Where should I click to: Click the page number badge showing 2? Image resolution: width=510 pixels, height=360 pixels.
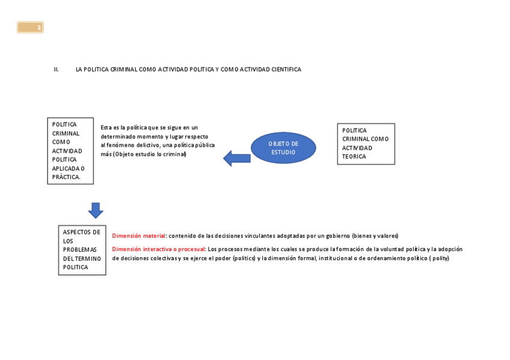pyautogui.click(x=30, y=28)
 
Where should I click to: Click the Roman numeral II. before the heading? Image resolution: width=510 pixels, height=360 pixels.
pyautogui.click(x=57, y=70)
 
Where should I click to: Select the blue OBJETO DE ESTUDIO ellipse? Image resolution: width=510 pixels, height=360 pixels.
pyautogui.click(x=283, y=148)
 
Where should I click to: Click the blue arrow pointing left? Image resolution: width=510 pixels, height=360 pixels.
pyautogui.click(x=236, y=159)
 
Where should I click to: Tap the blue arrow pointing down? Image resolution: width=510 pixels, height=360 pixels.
pyautogui.click(x=96, y=210)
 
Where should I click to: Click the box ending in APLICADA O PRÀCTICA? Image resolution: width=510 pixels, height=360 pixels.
pyautogui.click(x=70, y=151)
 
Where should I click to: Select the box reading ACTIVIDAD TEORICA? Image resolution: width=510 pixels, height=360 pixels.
pyautogui.click(x=366, y=144)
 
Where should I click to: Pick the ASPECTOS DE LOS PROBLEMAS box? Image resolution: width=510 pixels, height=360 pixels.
pyautogui.click(x=82, y=250)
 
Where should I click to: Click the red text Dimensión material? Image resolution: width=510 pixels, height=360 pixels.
pyautogui.click(x=138, y=236)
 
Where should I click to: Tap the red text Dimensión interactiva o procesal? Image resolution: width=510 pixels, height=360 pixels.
pyautogui.click(x=158, y=249)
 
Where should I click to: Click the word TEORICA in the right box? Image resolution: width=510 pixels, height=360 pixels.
pyautogui.click(x=354, y=157)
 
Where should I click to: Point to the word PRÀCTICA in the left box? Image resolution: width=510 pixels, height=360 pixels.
pyautogui.click(x=66, y=177)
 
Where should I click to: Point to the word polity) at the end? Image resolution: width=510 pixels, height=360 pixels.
pyautogui.click(x=440, y=258)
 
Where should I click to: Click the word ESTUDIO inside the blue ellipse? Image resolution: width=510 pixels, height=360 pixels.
pyautogui.click(x=283, y=153)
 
